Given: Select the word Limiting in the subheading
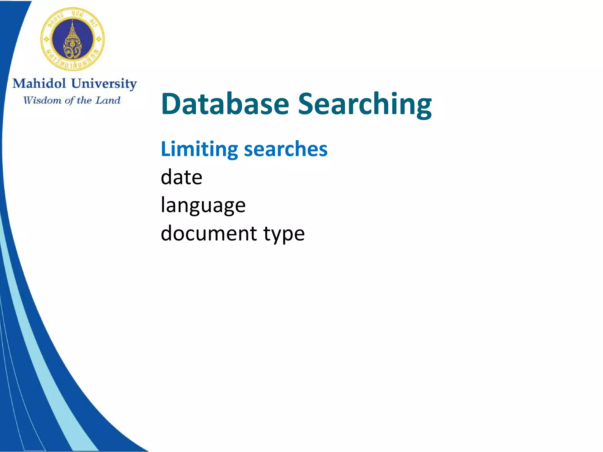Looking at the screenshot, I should click(x=199, y=149).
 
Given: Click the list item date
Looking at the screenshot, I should click(x=181, y=177).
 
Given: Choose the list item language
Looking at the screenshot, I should click(x=203, y=205).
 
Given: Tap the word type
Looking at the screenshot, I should click(x=284, y=234).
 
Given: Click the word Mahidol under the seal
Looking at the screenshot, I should click(x=39, y=83).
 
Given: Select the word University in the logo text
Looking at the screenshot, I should click(x=104, y=84).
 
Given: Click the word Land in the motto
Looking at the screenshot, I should click(x=108, y=100).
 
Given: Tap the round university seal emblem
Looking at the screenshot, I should click(x=72, y=39).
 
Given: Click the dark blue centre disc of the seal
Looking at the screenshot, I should click(x=72, y=39).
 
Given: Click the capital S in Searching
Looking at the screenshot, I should click(x=307, y=104).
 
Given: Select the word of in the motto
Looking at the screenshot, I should click(x=69, y=101).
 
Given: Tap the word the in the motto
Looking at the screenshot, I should click(x=84, y=100).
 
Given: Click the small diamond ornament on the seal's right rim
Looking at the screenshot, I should click(x=99, y=39).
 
